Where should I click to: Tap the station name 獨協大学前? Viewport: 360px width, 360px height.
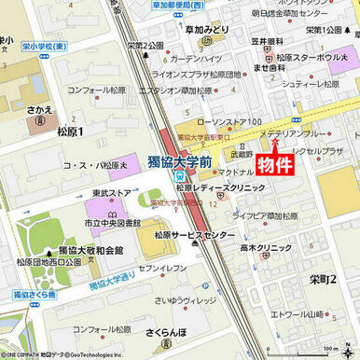[180, 161]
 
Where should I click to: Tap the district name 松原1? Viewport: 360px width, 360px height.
[70, 132]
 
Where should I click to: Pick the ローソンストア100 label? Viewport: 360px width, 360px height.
[229, 122]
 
